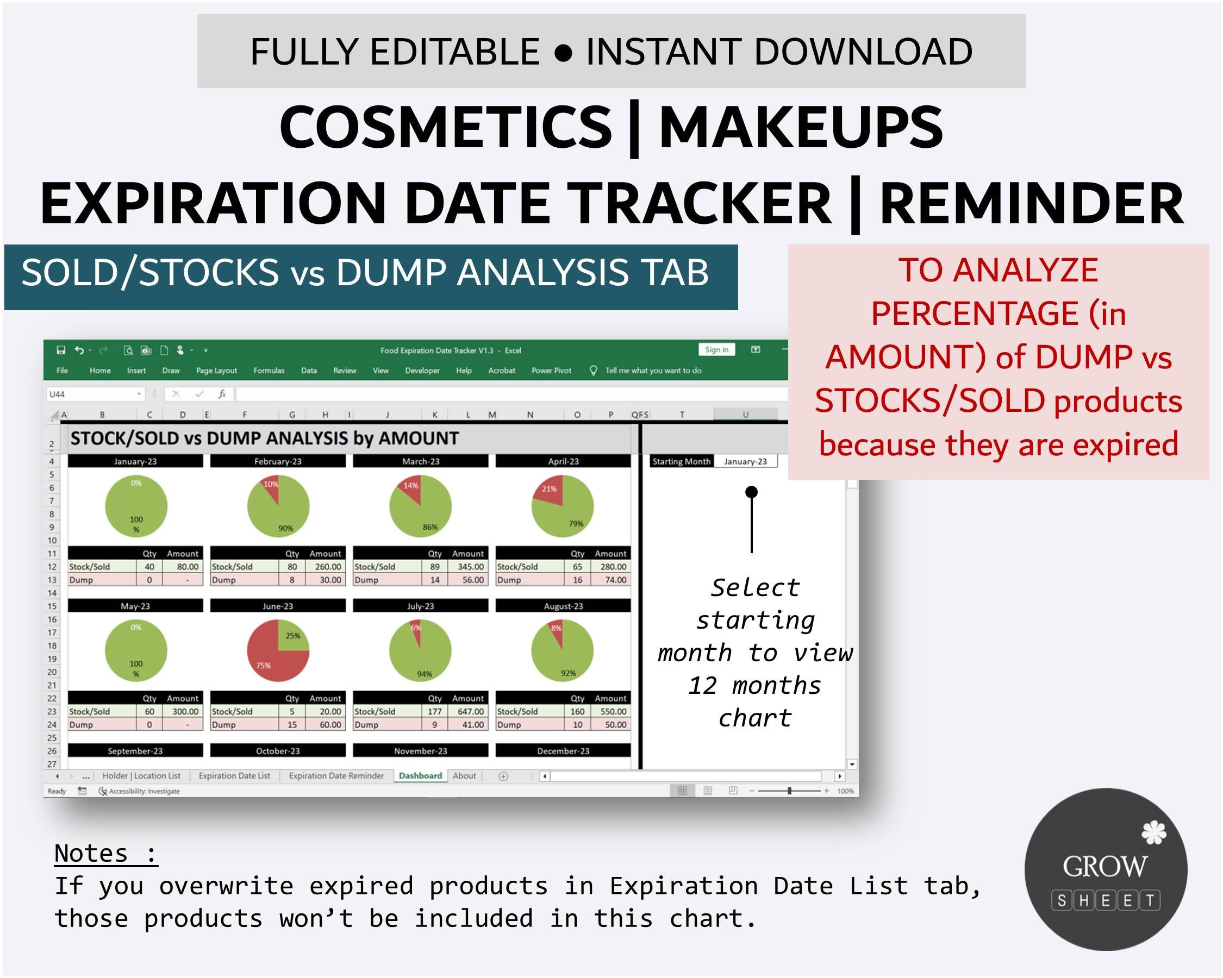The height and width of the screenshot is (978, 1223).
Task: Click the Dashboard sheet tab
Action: click(x=420, y=775)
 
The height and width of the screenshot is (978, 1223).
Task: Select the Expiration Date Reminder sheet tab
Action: click(x=336, y=775)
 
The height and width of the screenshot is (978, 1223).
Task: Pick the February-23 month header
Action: click(x=277, y=461)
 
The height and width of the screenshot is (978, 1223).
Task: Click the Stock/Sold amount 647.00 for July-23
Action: click(x=471, y=712)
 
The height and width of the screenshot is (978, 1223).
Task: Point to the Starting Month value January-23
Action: click(x=745, y=461)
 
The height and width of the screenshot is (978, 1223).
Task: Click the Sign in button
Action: click(x=716, y=350)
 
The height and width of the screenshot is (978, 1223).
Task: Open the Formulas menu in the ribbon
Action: click(x=269, y=370)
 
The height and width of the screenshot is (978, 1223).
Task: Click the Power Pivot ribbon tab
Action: click(x=551, y=370)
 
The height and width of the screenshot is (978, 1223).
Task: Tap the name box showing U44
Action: click(x=91, y=394)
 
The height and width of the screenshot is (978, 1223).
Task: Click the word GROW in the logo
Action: click(x=1105, y=866)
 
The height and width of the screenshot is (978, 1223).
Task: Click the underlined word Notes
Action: click(x=91, y=853)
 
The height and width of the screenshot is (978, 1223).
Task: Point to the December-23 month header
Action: click(x=563, y=751)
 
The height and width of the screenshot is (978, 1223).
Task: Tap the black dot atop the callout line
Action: click(x=751, y=492)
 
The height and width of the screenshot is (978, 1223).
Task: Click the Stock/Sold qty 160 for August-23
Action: click(x=577, y=712)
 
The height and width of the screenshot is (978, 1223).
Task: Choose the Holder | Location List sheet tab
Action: click(x=141, y=775)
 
